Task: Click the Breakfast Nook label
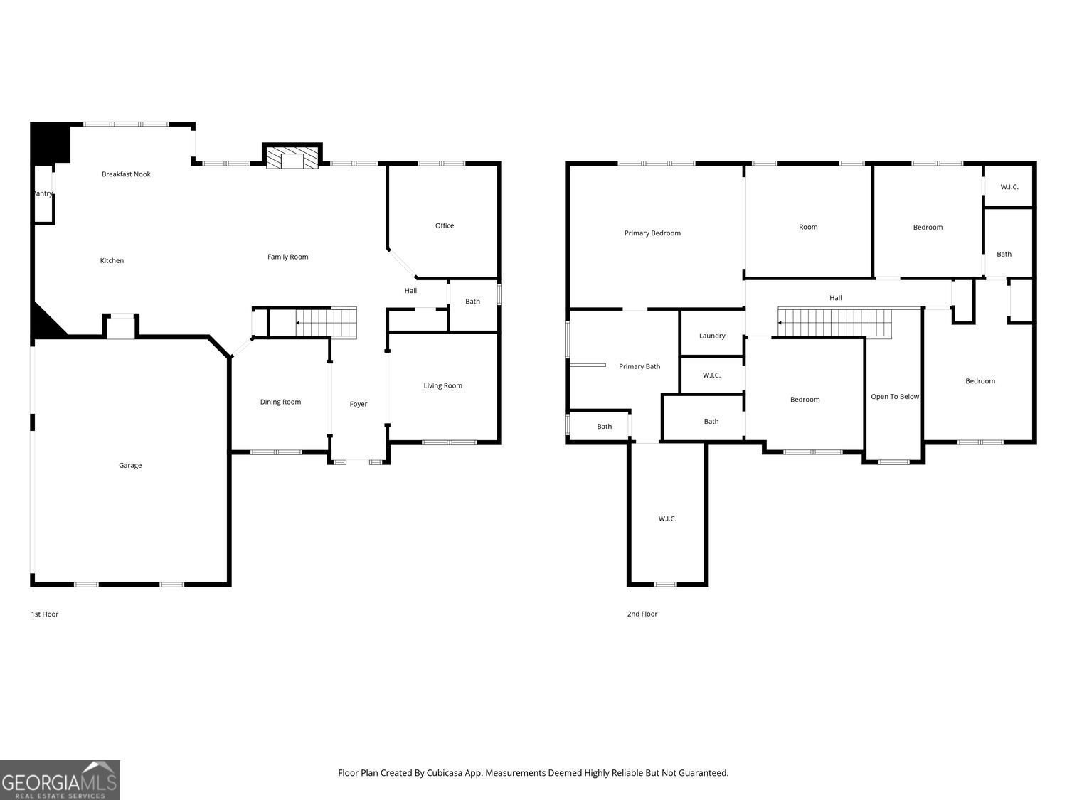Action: (x=126, y=174)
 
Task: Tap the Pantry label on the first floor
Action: (x=43, y=193)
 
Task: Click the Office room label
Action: (x=445, y=225)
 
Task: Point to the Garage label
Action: (x=130, y=465)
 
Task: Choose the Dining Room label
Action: (x=280, y=402)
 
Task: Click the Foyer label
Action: (x=359, y=404)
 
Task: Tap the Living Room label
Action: (x=442, y=385)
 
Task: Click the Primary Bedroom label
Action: (x=652, y=233)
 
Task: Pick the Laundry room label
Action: (x=712, y=336)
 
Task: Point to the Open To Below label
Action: (x=895, y=396)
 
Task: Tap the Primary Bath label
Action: (x=639, y=366)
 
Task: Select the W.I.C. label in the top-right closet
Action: (x=1009, y=187)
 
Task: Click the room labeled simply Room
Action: (x=808, y=227)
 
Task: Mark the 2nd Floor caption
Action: (x=642, y=614)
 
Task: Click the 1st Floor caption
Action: (x=45, y=614)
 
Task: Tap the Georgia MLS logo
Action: (x=60, y=780)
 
